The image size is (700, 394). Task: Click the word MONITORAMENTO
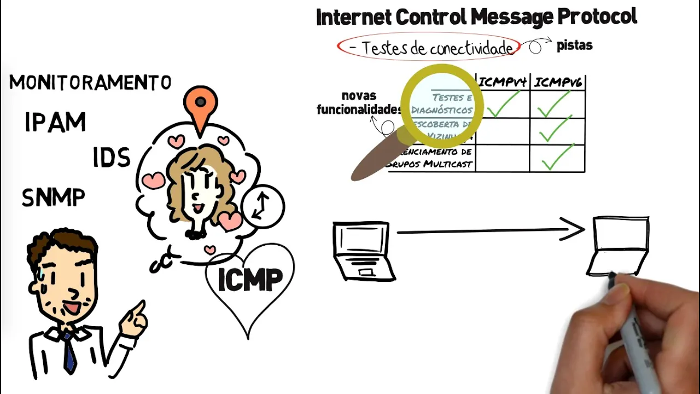[x=90, y=83]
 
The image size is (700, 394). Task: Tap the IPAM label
[x=55, y=123]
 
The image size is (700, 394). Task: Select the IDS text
[x=112, y=158]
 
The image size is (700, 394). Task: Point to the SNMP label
[x=53, y=198]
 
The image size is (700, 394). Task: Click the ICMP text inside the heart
[x=250, y=280]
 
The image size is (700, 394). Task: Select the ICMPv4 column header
[x=503, y=83]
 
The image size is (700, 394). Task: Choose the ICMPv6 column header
[x=558, y=83]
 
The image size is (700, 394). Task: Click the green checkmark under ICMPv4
[x=503, y=104]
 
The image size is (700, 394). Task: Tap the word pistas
[x=574, y=45]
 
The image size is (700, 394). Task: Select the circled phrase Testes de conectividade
[x=429, y=48]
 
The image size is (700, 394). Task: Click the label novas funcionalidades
[x=359, y=103]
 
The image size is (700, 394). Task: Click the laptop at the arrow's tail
[x=362, y=250]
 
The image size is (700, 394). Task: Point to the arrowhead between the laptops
[x=574, y=230]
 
